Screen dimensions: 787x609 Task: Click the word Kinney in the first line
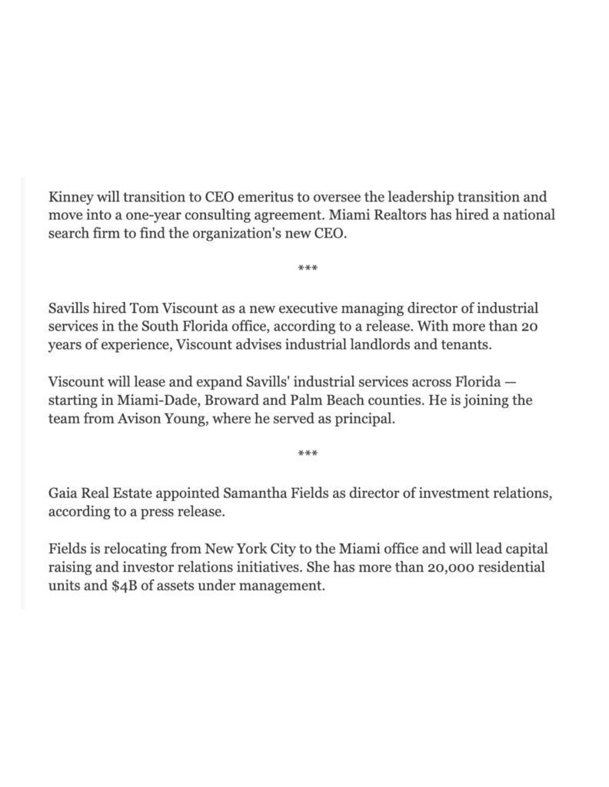pyautogui.click(x=68, y=196)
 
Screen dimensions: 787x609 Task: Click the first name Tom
pyautogui.click(x=143, y=308)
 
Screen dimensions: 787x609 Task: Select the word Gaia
pyautogui.click(x=63, y=493)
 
